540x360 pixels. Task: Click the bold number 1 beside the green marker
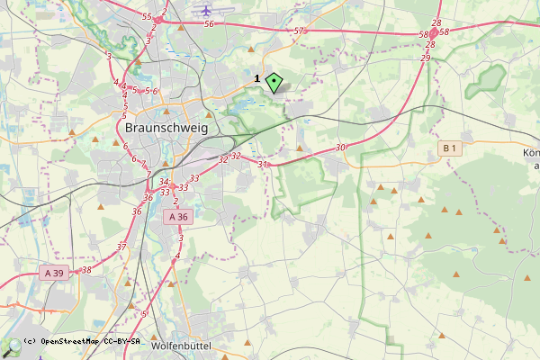pyautogui.click(x=257, y=79)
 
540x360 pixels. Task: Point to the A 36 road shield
pyautogui.click(x=178, y=217)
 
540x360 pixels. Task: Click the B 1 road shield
pyautogui.click(x=451, y=148)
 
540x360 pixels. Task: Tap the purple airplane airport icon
pyautogui.click(x=208, y=10)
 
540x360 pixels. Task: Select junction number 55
pyautogui.click(x=147, y=17)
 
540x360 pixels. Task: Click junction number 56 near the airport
pyautogui.click(x=209, y=24)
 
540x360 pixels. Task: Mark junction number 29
pyautogui.click(x=425, y=58)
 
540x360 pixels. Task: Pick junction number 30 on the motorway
pyautogui.click(x=339, y=148)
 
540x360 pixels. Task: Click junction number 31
pyautogui.click(x=263, y=165)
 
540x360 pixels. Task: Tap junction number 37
pyautogui.click(x=121, y=246)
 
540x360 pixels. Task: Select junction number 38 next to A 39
pyautogui.click(x=85, y=269)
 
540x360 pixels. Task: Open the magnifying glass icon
pyautogui.click(x=11, y=347)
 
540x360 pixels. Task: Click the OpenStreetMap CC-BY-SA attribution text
pyautogui.click(x=81, y=342)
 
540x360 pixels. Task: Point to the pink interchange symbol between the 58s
pyautogui.click(x=433, y=32)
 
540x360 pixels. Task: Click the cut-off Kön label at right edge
pyautogui.click(x=530, y=153)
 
